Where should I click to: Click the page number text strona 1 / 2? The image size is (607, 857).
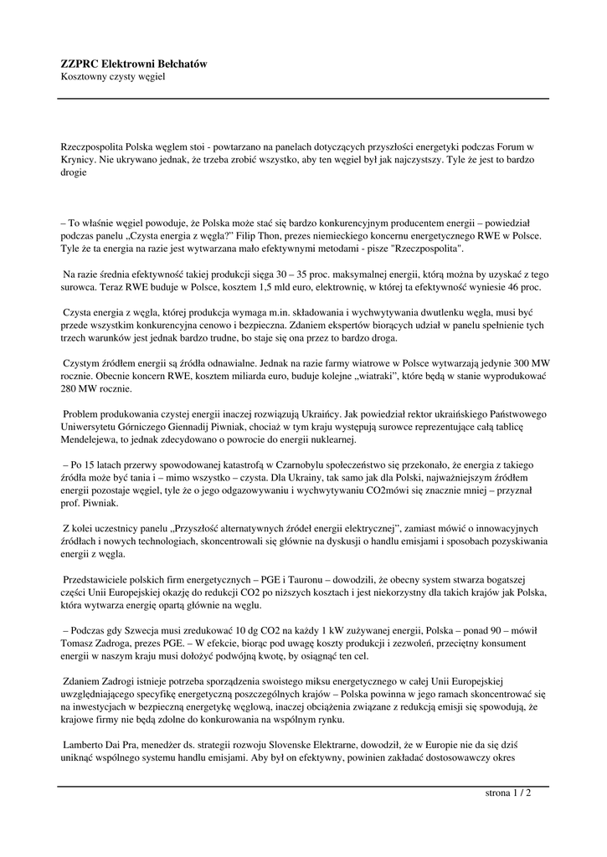click(508, 793)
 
